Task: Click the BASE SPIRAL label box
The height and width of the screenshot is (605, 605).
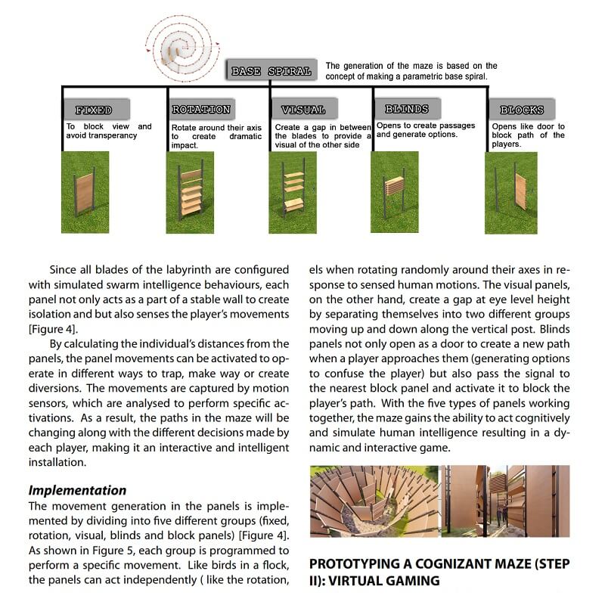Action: (x=271, y=71)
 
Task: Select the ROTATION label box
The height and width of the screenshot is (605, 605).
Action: (x=200, y=110)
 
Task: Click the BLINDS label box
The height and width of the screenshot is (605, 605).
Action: (x=406, y=109)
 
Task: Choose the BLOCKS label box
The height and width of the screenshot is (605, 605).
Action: (x=522, y=110)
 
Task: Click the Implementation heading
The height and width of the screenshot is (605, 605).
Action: (x=77, y=490)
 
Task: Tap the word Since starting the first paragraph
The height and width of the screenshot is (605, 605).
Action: (x=65, y=270)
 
